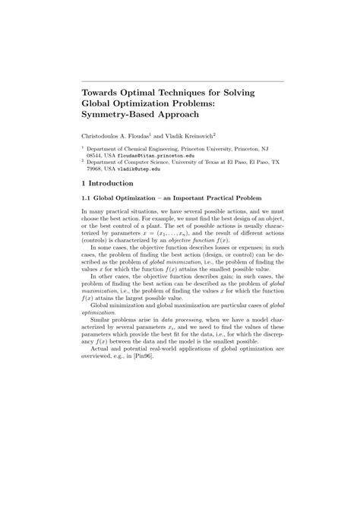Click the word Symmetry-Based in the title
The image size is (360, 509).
coord(123,115)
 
